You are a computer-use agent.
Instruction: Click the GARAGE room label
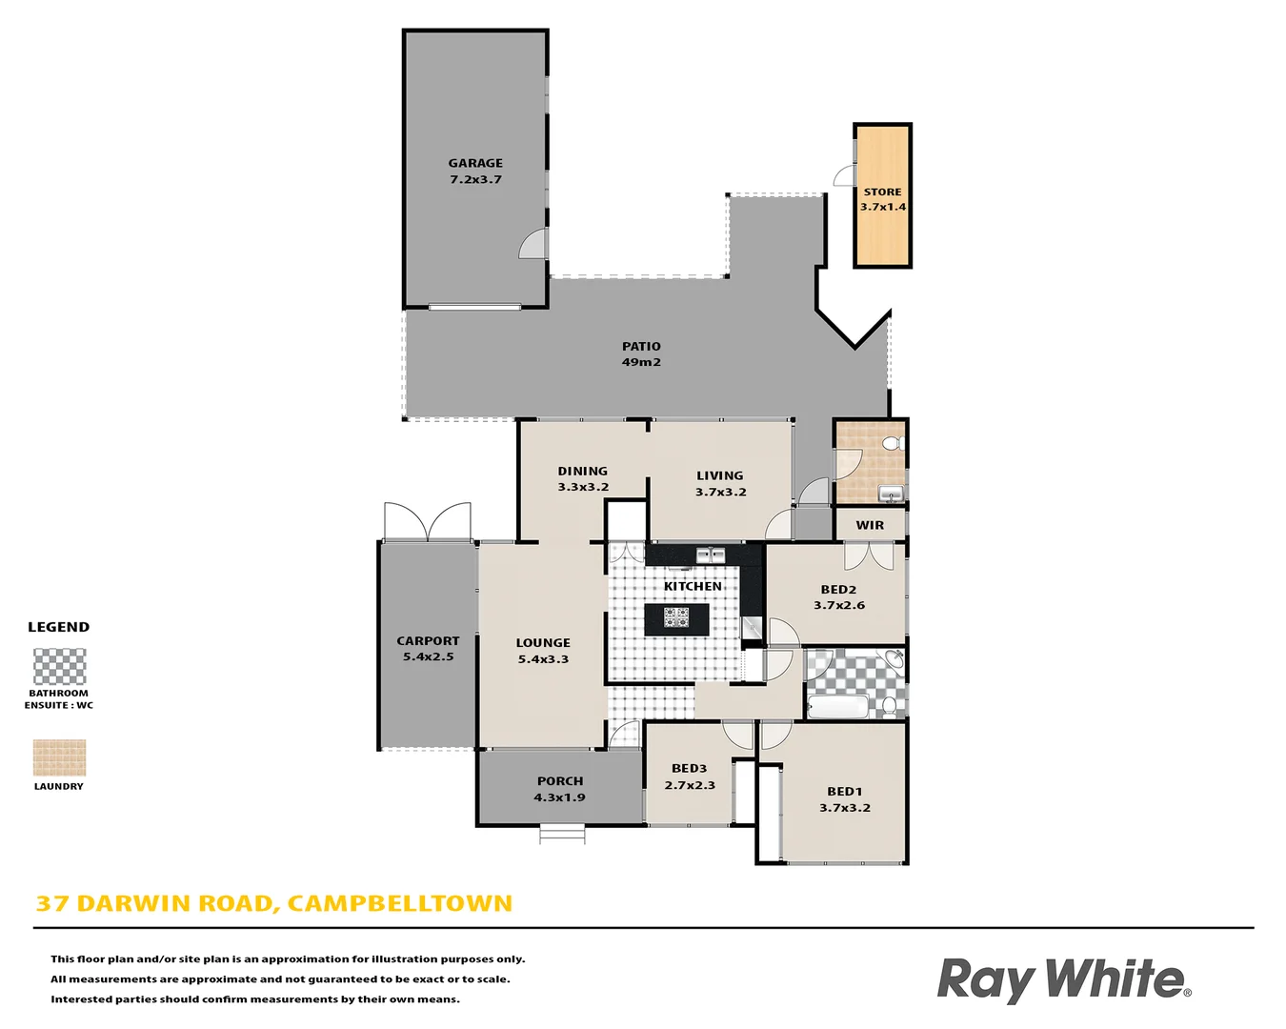(x=475, y=164)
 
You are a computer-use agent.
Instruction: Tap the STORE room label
(x=882, y=192)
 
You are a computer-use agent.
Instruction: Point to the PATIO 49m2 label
(x=641, y=354)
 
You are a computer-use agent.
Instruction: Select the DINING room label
(x=582, y=472)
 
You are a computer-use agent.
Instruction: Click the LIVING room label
(x=719, y=476)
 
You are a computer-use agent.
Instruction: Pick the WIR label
(x=870, y=525)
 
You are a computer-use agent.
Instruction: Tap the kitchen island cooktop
(x=677, y=618)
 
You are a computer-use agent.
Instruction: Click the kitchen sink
(x=710, y=555)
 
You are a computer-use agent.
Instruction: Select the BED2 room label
(x=838, y=590)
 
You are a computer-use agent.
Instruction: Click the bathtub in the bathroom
(x=837, y=707)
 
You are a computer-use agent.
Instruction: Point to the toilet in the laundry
(x=892, y=444)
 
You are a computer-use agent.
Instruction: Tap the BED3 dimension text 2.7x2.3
(x=690, y=785)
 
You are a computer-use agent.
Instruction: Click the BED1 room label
(x=844, y=792)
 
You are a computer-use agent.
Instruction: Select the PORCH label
(x=560, y=781)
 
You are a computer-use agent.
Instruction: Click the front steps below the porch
(x=562, y=835)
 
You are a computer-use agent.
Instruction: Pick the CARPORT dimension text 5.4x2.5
(x=428, y=656)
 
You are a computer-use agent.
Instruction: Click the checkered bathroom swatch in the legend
(x=59, y=667)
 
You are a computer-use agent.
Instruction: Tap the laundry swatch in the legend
(x=59, y=758)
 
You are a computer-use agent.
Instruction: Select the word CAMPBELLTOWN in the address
(x=400, y=903)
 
